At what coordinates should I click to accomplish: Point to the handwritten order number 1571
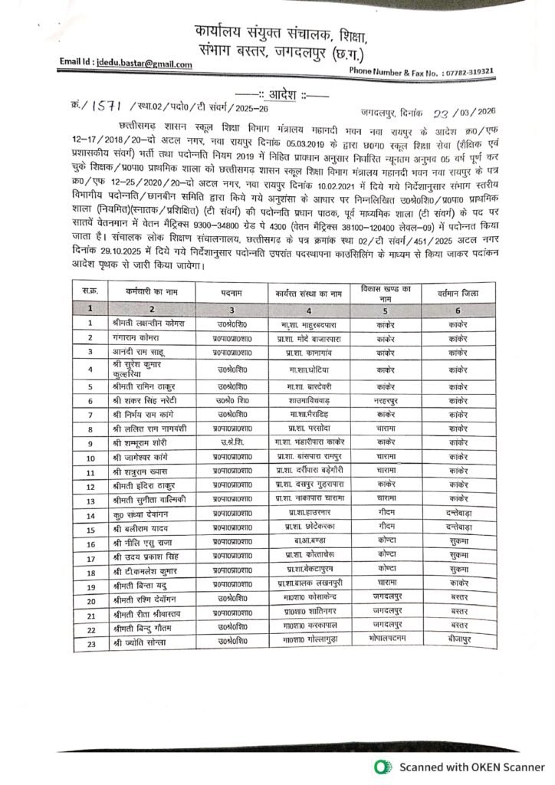coord(107,107)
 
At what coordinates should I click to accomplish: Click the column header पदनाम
coord(232,292)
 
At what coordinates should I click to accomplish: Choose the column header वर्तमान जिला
coord(458,292)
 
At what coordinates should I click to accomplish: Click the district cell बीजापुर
coord(458,641)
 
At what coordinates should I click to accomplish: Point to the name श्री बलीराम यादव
coord(142,530)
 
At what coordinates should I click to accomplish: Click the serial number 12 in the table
coord(90,486)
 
